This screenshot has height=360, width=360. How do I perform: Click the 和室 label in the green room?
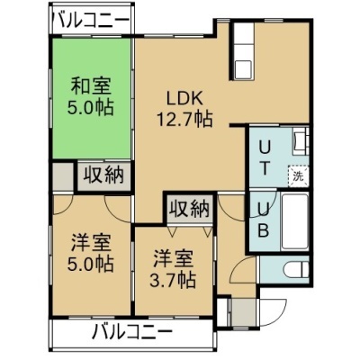tap(91, 86)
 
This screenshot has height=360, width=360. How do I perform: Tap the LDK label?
tap(185, 99)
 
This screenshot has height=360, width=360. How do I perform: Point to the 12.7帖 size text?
tap(185, 119)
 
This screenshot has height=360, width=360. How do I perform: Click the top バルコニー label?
tap(91, 21)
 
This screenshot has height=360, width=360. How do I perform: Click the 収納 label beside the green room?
tap(103, 175)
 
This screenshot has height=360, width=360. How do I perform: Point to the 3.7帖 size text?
tap(173, 280)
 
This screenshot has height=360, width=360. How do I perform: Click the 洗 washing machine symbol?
tap(299, 176)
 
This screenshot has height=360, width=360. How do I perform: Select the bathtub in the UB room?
tap(295, 221)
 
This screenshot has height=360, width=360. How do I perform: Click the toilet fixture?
tap(296, 269)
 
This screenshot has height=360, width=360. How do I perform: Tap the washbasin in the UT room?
tap(301, 140)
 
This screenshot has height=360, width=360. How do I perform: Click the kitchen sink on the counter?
tap(242, 69)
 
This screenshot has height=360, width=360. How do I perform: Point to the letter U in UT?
tap(265, 148)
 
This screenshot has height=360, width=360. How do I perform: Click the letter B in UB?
tap(263, 230)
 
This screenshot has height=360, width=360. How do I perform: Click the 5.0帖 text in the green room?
tap(90, 107)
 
